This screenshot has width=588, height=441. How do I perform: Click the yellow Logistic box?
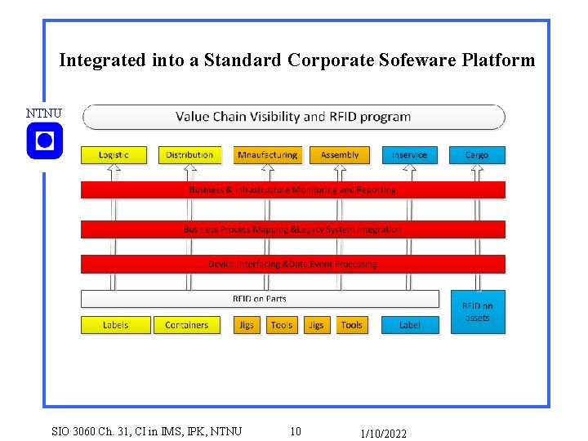click(114, 154)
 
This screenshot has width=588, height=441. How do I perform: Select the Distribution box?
click(189, 154)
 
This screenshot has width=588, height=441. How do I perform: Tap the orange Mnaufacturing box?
click(267, 154)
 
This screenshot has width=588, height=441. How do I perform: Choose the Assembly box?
click(340, 154)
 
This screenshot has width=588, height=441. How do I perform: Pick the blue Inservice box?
click(409, 154)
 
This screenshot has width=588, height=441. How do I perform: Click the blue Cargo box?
click(477, 154)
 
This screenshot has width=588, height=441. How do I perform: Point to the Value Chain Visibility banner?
click(294, 117)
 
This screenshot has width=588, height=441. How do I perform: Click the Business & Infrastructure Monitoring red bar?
click(292, 189)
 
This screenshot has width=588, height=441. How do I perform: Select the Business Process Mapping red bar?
click(292, 229)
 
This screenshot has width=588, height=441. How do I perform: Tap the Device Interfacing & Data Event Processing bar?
click(292, 264)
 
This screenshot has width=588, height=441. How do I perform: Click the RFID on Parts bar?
click(260, 299)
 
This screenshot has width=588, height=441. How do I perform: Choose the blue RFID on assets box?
click(477, 312)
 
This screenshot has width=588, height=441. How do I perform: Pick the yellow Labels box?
click(115, 325)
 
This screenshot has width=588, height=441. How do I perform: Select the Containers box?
click(187, 325)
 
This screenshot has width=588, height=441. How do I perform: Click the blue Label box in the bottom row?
click(410, 325)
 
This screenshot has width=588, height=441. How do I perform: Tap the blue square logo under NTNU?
click(44, 141)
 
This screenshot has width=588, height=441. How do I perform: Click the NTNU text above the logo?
click(43, 113)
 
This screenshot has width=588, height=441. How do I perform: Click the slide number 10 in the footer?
click(296, 431)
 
